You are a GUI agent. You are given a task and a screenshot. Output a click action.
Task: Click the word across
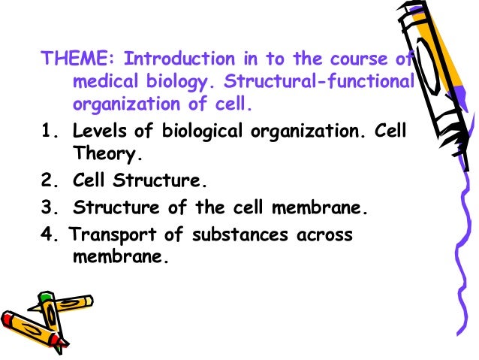click(324, 234)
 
